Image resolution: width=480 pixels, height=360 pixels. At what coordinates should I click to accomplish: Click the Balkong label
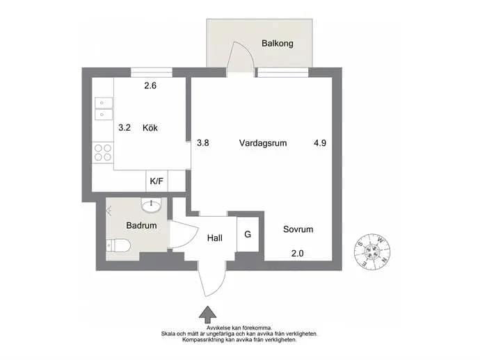[x=277, y=43]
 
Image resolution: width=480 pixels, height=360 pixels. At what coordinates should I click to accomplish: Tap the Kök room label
[x=150, y=128]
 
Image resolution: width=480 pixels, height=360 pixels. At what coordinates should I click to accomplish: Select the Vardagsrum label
[x=263, y=143]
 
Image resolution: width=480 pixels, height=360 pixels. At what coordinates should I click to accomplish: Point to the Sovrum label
[x=298, y=229]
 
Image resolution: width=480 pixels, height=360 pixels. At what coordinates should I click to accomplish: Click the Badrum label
[x=141, y=225]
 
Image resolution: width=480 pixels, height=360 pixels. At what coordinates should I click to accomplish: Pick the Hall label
[x=214, y=238]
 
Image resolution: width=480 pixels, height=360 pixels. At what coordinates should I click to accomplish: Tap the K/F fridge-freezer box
[x=157, y=181]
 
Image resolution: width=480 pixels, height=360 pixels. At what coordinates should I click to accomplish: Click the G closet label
[x=248, y=234]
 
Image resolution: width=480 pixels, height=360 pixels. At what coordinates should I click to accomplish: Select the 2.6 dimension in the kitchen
[x=150, y=85]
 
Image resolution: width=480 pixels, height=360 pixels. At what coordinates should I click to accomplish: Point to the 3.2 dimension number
[x=125, y=128]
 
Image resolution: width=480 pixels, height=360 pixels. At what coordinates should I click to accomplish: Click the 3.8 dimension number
[x=203, y=143]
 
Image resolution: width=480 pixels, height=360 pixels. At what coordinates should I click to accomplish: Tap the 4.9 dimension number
[x=320, y=143]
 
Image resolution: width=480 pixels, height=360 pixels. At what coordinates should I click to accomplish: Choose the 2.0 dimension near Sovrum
[x=297, y=254]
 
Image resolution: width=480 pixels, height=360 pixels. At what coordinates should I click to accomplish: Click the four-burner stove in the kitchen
[x=103, y=153]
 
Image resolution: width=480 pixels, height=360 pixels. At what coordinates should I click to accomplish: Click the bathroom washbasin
[x=151, y=204]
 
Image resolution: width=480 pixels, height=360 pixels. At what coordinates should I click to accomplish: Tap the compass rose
[x=372, y=252]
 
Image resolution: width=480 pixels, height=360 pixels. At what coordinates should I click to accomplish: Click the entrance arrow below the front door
[x=207, y=315]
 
